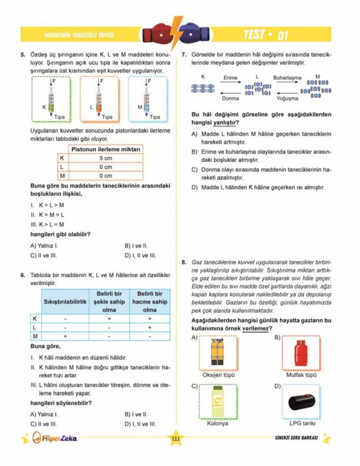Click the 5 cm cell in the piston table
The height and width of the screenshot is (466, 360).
click(x=105, y=158)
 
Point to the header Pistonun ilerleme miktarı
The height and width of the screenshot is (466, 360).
click(x=105, y=150)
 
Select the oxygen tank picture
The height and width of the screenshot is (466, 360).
click(x=219, y=353)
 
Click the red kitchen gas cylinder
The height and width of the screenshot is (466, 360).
click(x=301, y=353)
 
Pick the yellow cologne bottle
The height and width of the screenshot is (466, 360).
click(x=218, y=402)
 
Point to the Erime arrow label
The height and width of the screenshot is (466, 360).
click(x=230, y=78)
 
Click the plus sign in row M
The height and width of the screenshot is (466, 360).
click(x=65, y=336)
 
